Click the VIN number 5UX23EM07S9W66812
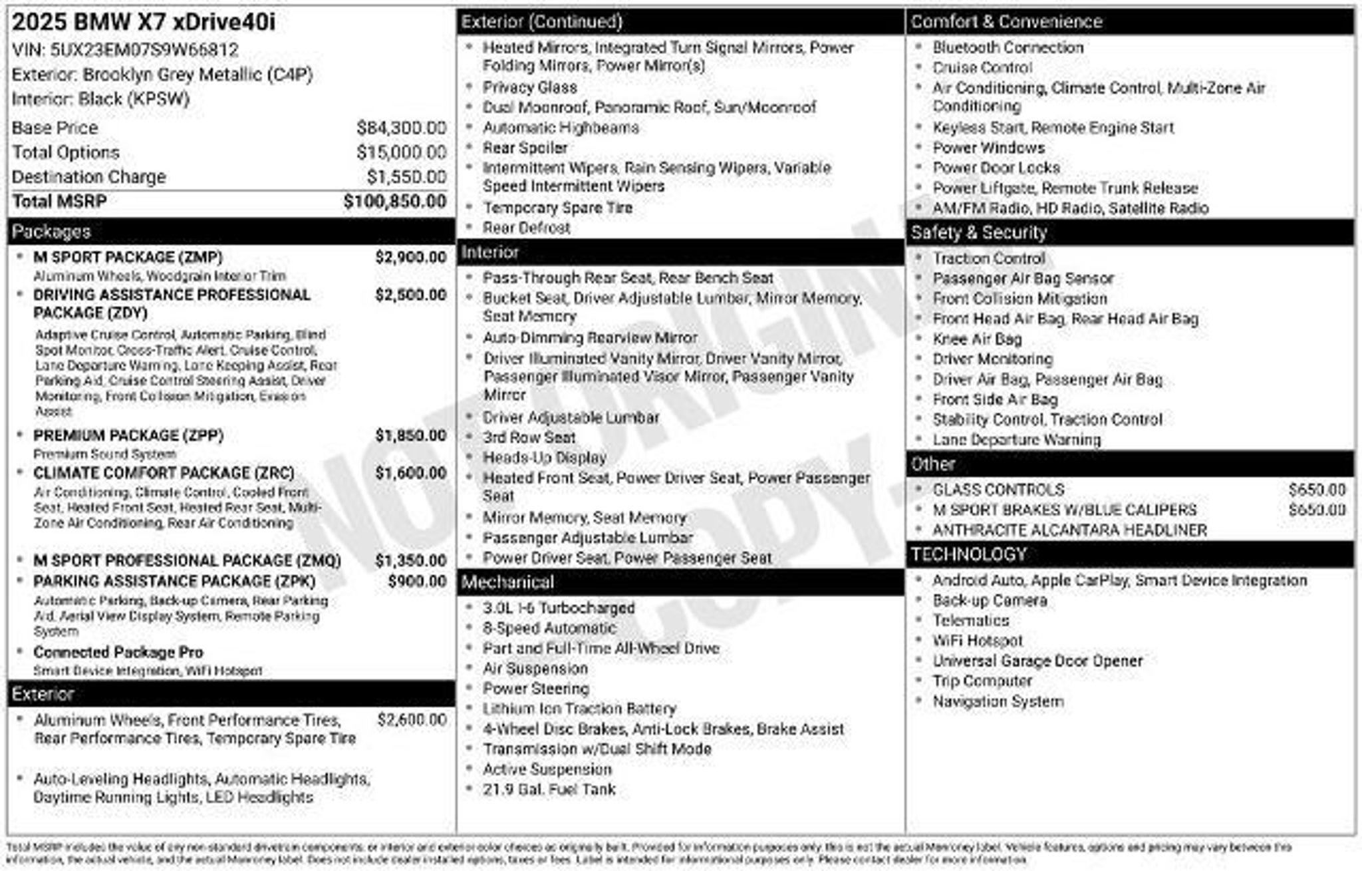point(144,50)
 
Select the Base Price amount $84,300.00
point(401,128)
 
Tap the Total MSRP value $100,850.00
point(395,202)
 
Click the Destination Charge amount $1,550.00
point(406,177)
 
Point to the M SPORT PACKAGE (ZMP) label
point(128,258)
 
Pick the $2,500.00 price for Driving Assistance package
point(410,295)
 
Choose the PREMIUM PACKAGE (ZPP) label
point(128,436)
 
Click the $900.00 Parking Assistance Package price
point(417,582)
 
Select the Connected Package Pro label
point(118,652)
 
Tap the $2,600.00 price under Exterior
point(412,720)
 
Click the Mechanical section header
point(507,583)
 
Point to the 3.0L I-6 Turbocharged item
point(559,608)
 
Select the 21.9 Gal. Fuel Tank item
point(549,790)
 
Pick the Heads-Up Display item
point(545,458)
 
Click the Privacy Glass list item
point(529,87)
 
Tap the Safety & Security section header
point(978,233)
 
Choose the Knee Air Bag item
point(977,339)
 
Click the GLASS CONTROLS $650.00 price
point(1316,490)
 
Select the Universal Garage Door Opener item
point(1037,661)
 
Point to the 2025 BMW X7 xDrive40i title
point(144,23)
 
